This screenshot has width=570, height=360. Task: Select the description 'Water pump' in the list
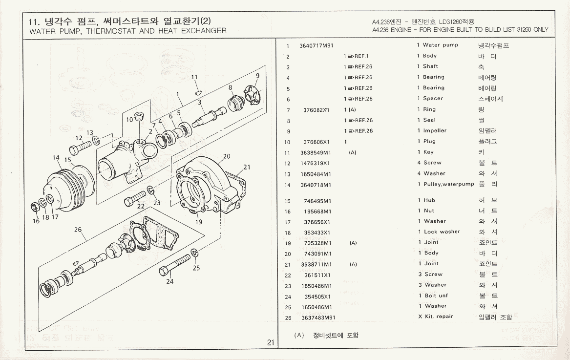(x=440, y=45)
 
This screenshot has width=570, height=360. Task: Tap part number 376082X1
(x=317, y=110)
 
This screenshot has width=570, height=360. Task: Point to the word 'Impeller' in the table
(x=435, y=131)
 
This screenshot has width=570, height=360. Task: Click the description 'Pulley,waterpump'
(x=448, y=185)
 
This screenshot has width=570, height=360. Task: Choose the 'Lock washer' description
(x=442, y=232)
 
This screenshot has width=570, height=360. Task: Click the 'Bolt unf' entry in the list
(x=436, y=296)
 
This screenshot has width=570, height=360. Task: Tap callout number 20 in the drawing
(x=226, y=157)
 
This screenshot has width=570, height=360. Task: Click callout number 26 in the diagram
(x=78, y=230)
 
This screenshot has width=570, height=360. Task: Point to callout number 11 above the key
(x=194, y=77)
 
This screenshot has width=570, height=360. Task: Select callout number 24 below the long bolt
(x=169, y=281)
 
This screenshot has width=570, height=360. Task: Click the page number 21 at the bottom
(x=271, y=342)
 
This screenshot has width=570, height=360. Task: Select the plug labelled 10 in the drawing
(x=139, y=116)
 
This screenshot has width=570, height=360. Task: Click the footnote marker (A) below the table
(x=299, y=335)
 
